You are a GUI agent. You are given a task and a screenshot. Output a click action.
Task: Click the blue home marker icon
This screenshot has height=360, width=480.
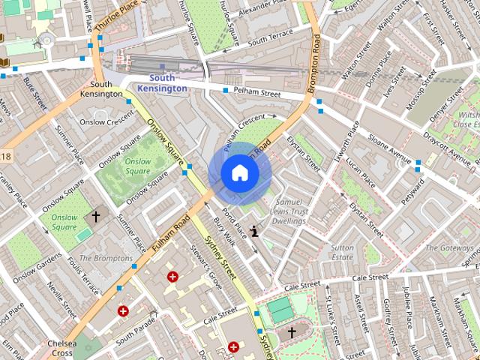pos(240,172)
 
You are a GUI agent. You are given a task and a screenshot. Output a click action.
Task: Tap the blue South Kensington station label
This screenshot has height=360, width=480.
pos(162,83)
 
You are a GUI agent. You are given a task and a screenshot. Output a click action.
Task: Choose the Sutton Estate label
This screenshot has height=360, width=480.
pos(342,251)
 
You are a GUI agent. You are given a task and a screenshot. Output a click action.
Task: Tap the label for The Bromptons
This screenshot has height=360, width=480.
pos(106,258)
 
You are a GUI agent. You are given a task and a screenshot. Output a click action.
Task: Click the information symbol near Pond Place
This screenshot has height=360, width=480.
pos(256,232)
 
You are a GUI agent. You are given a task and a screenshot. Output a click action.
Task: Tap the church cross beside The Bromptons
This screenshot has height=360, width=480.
pos(95,217)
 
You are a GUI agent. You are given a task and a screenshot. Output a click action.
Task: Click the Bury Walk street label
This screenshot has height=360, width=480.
pos(224,232)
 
